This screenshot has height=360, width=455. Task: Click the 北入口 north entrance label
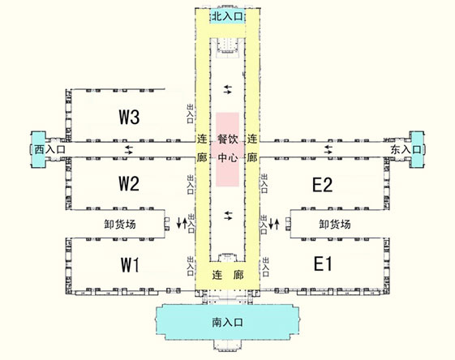[227, 16]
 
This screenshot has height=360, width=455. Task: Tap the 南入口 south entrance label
[227, 322]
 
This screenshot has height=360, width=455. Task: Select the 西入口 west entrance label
[49, 149]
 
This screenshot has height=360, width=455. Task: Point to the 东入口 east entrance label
[406, 149]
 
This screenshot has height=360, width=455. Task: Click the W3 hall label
[129, 117]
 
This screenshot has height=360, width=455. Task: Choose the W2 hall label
[129, 183]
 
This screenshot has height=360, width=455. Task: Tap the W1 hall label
[130, 264]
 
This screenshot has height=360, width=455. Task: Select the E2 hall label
[322, 185]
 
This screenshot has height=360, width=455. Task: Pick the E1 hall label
[323, 264]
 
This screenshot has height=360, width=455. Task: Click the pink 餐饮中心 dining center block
[227, 149]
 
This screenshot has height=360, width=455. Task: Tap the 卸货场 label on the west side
[120, 225]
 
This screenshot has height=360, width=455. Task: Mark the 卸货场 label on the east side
[335, 225]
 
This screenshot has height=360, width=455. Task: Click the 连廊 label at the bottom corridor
[228, 275]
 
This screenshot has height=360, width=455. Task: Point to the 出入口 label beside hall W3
[190, 114]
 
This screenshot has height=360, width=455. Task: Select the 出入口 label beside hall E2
[264, 183]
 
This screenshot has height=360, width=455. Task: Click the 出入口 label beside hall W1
[191, 266]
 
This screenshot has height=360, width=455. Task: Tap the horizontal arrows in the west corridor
[129, 150]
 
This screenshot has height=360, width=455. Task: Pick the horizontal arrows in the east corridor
[328, 149]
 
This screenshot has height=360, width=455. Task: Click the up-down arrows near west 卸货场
[182, 223]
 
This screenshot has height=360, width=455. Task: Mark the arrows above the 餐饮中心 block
[228, 89]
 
